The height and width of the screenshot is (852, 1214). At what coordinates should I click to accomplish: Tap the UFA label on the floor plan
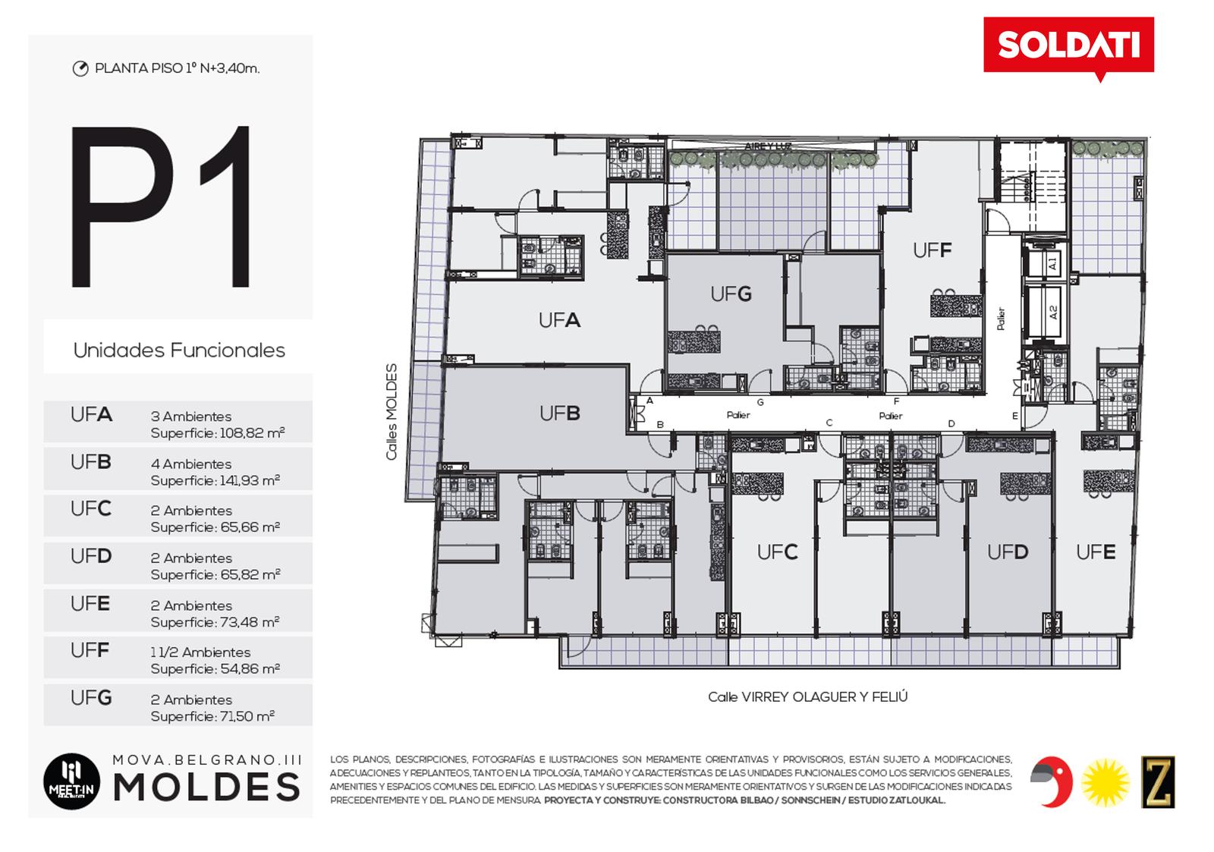coord(559,321)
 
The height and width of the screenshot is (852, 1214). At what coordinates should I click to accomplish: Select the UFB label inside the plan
coord(559,413)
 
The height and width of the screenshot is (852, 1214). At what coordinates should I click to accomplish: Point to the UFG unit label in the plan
coord(731,294)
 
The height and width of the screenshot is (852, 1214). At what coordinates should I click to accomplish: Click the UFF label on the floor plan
coord(933,250)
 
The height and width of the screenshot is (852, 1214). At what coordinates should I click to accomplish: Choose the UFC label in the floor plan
coord(777,552)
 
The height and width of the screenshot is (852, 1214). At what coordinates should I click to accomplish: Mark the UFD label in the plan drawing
coord(1008,552)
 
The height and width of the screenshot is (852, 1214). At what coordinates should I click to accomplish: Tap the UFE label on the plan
coord(1096,552)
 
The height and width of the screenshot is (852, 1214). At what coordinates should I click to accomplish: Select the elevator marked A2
coord(1051,312)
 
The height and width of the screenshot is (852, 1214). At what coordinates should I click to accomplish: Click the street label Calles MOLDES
coord(392,412)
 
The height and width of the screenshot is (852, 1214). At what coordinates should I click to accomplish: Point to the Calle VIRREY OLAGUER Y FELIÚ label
coord(807,697)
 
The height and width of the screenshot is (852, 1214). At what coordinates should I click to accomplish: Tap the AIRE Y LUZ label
coord(768,146)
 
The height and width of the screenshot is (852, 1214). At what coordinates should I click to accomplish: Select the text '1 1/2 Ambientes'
coord(200,652)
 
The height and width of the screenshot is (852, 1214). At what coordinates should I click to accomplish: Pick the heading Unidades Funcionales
coord(179,351)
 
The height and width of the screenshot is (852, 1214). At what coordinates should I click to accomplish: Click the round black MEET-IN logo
coord(71,781)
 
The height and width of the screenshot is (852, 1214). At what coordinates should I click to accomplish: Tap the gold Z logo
coord(1158,781)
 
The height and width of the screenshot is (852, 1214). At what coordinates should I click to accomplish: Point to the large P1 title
coord(161,206)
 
